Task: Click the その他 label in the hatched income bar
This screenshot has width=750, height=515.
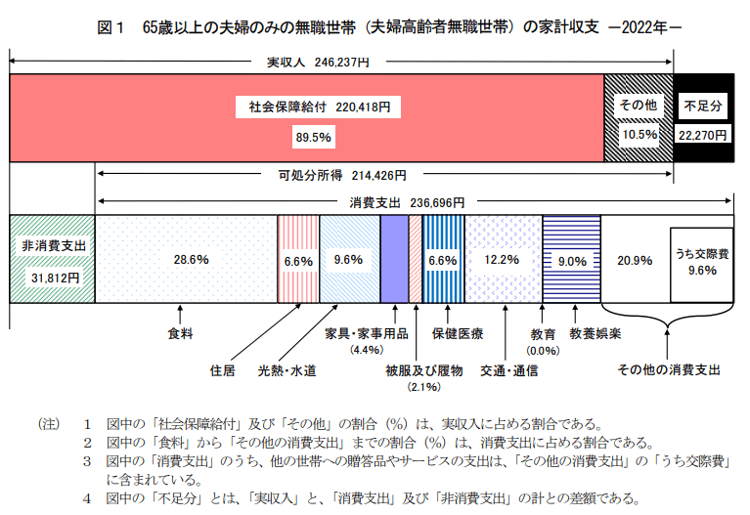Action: coord(639,105)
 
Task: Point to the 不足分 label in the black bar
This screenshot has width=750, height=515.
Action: coord(702,105)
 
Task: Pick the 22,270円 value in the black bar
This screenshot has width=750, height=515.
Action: coord(703,134)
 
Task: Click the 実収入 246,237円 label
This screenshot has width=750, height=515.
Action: coord(318,62)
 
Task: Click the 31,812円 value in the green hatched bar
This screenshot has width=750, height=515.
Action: coord(51,277)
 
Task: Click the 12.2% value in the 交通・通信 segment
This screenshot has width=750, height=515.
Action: coord(503,261)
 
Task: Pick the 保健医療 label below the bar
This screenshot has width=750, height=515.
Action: coord(458,333)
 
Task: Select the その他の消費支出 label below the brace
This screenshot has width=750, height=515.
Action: coord(669,369)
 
